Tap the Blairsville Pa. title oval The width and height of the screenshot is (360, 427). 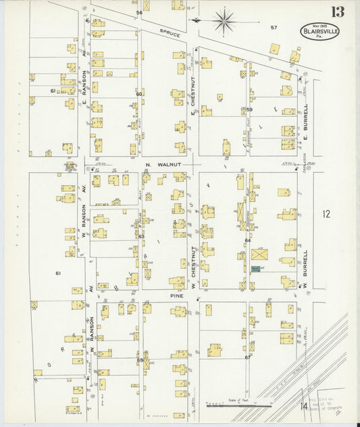[320, 31]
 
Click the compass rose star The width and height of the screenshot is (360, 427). [223, 21]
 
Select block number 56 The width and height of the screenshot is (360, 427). [139, 13]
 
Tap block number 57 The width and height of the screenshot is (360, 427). [274, 28]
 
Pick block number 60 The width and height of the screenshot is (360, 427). [138, 94]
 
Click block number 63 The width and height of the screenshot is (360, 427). [141, 236]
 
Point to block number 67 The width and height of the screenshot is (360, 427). [248, 357]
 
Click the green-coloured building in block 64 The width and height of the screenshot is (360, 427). [256, 269]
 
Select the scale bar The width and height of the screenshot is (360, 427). [239, 405]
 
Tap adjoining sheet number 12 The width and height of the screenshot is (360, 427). [327, 215]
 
